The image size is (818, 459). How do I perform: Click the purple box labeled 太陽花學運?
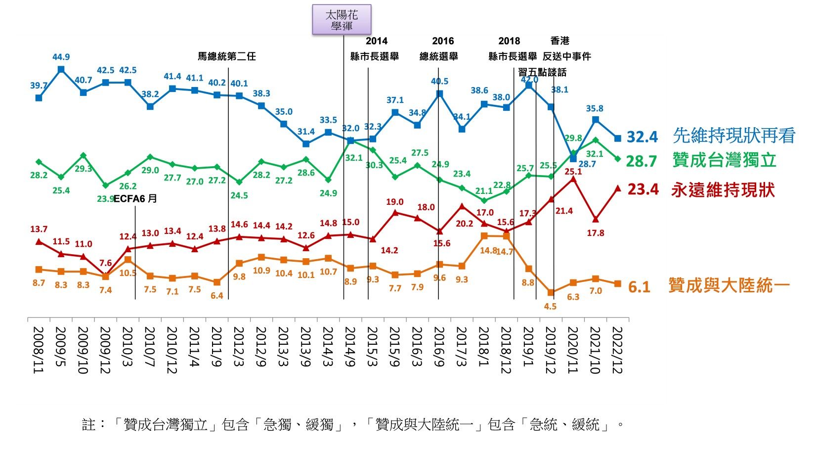[342, 20]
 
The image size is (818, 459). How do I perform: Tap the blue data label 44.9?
[61, 57]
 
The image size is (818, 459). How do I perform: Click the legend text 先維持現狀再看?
[734, 136]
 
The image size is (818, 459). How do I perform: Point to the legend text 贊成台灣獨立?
[724, 160]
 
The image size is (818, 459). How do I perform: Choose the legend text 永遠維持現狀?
[723, 190]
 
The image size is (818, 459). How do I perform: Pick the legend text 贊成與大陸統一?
[729, 285]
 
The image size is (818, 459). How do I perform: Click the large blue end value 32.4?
[642, 137]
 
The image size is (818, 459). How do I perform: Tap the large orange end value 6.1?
[639, 287]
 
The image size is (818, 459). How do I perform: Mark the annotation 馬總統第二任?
[227, 56]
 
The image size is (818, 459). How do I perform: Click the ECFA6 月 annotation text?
[135, 199]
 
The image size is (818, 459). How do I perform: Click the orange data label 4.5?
[550, 307]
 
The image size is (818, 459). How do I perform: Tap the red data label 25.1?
[573, 172]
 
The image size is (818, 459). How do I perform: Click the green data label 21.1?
[484, 191]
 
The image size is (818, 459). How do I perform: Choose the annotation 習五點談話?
[542, 72]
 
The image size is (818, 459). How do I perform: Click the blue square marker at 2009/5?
[61, 70]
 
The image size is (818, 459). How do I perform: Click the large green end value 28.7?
[642, 161]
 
